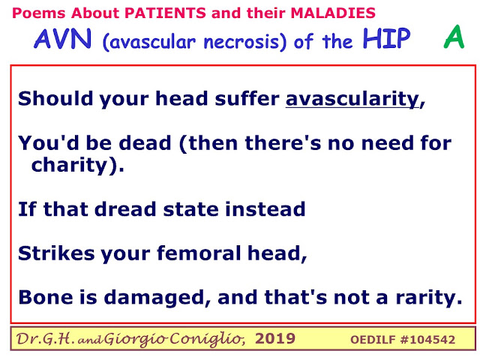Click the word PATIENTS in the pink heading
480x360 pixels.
click(x=165, y=13)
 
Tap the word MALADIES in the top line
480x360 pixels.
click(x=333, y=13)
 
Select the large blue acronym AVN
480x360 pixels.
click(x=62, y=38)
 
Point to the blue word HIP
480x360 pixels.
click(x=387, y=38)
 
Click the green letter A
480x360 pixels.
click(x=454, y=37)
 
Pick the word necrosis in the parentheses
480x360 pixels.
click(x=241, y=42)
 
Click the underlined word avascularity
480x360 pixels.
click(x=352, y=99)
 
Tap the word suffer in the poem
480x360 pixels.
click(x=247, y=98)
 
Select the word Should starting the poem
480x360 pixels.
click(x=55, y=98)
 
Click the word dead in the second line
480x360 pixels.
click(x=145, y=143)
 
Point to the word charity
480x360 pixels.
click(x=69, y=166)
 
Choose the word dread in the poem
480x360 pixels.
click(x=125, y=209)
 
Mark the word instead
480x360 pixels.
click(x=265, y=209)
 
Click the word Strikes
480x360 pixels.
click(x=56, y=253)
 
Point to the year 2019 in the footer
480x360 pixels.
click(x=275, y=339)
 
